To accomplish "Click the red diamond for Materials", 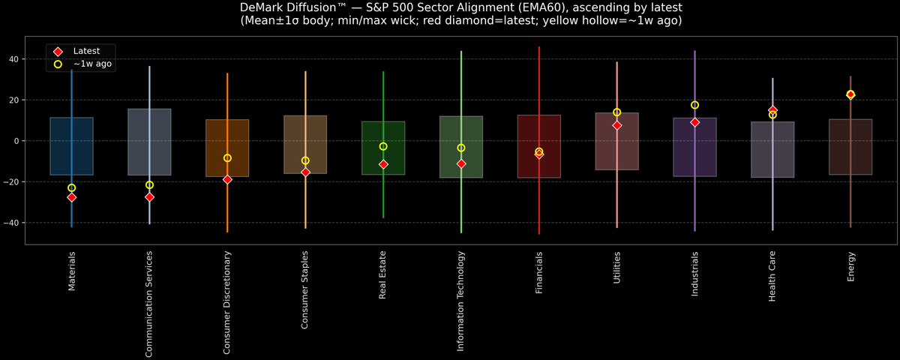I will click(72, 197).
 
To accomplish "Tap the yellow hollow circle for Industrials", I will click(694, 105).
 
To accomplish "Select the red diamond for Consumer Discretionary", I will click(227, 180).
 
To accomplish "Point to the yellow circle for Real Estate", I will click(383, 146).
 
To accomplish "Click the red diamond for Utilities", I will click(616, 125).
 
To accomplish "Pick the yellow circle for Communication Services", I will click(149, 184).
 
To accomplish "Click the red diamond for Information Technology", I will click(461, 163).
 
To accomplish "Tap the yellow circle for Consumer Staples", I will click(305, 160).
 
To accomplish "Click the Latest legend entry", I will click(85, 51).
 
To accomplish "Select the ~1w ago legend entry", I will click(91, 64).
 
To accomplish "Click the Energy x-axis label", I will click(850, 267).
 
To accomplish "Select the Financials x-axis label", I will click(538, 272).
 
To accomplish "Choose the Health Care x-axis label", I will click(772, 277).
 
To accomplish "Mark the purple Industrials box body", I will click(694, 150).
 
